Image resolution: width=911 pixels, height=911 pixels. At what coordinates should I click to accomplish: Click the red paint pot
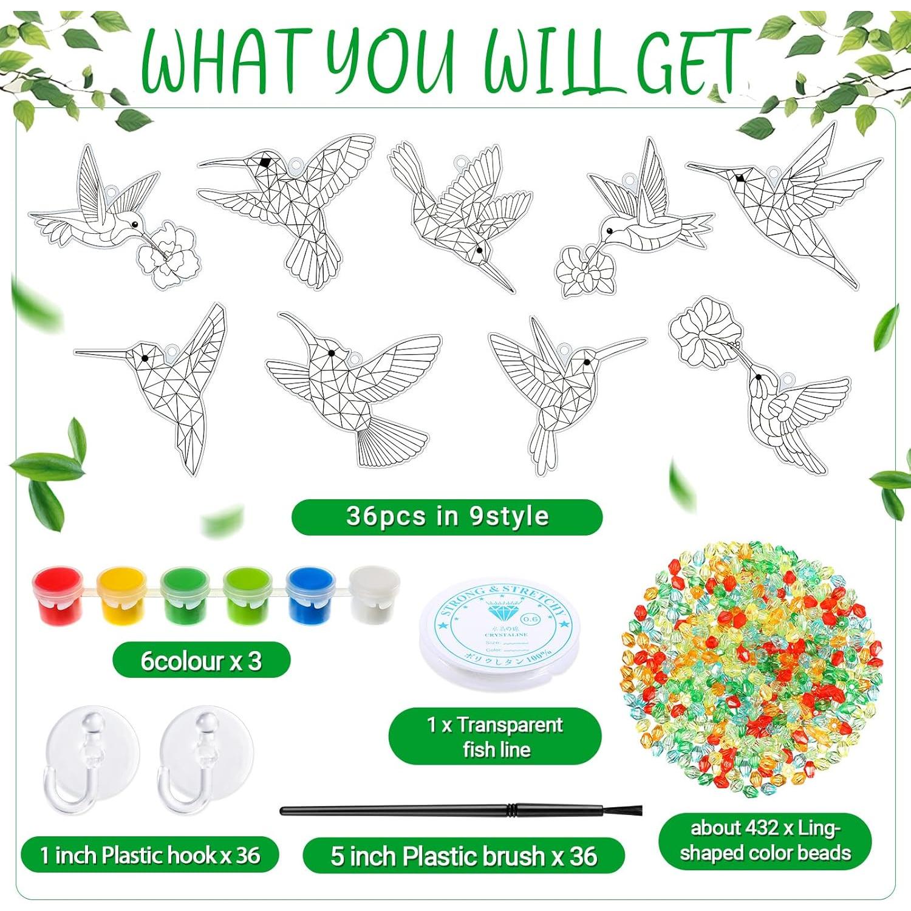pos(58,595)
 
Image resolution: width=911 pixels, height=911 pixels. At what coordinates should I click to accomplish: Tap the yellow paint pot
pos(121,595)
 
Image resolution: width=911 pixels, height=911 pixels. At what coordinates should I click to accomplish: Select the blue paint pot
pos(310,595)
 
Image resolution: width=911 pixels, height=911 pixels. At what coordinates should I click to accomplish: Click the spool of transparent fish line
pos(499,632)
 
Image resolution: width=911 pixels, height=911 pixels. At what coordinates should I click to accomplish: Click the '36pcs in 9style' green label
pos(447,517)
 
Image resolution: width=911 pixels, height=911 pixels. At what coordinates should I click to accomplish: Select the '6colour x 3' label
pos(201,661)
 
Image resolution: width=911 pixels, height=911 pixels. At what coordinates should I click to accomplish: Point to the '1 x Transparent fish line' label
pos(495,736)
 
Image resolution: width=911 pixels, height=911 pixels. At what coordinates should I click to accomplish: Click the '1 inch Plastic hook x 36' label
pos(149,855)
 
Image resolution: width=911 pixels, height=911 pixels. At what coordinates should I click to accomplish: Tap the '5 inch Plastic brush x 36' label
pos(463,856)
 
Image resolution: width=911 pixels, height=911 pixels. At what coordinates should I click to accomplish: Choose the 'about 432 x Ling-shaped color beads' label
pos(765,841)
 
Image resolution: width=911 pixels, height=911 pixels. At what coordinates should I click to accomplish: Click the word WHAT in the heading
pos(222,61)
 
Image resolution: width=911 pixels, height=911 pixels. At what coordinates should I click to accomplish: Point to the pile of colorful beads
pos(752,668)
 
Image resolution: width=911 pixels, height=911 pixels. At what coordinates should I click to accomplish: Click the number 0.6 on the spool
pos(530,618)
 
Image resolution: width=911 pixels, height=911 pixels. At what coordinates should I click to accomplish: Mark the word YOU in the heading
pos(395,61)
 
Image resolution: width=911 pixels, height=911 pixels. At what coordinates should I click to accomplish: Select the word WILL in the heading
pos(550,61)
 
